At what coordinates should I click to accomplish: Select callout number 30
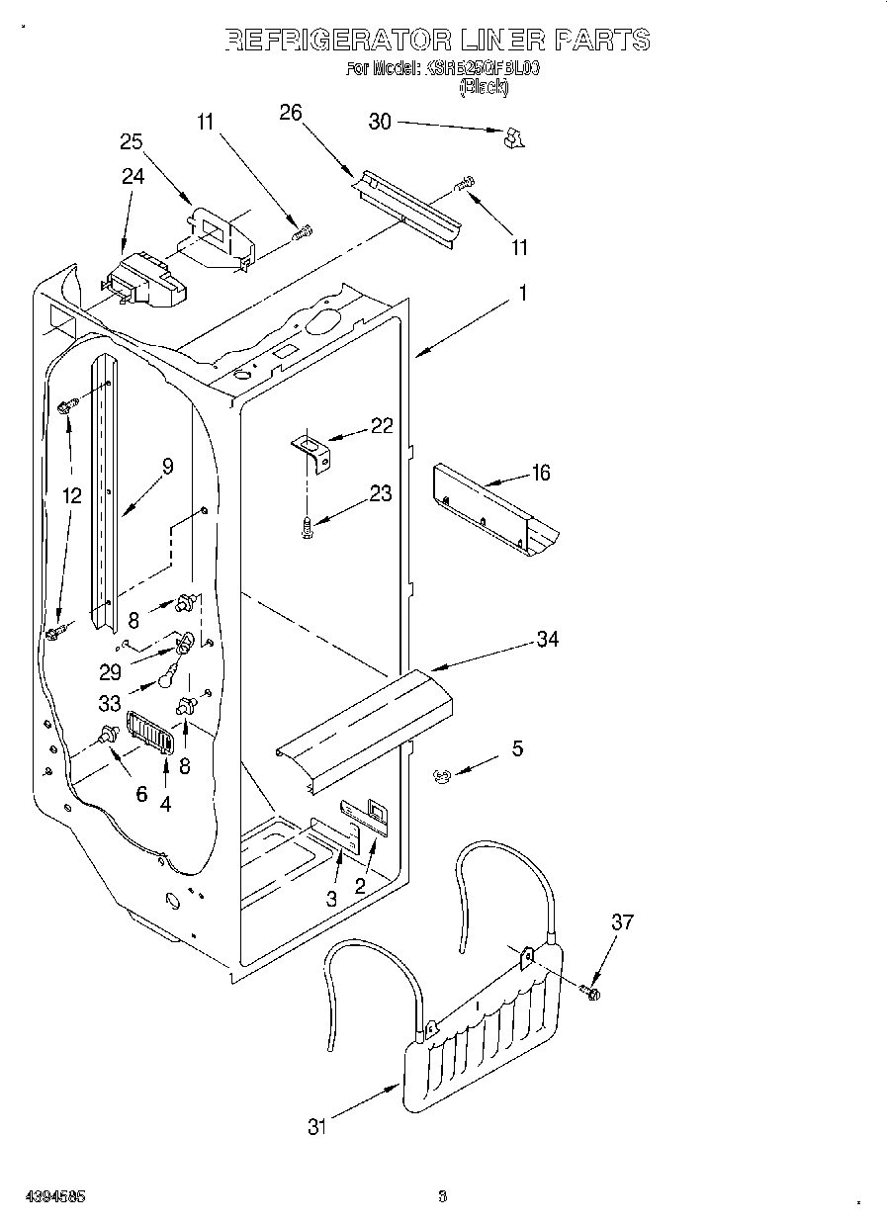coord(380,122)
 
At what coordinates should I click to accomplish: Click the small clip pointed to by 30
coord(512,139)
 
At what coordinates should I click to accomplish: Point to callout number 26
coord(290,112)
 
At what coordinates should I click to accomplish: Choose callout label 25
coord(132,141)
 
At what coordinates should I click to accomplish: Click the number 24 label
coord(133,176)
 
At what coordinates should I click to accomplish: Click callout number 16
coord(540,473)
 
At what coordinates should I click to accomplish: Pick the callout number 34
coord(547,640)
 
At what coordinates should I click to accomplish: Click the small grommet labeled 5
coord(441,777)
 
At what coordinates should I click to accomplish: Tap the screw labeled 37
coord(590,990)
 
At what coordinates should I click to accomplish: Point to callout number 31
coord(316,1126)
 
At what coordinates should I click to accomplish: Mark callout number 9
coord(167,467)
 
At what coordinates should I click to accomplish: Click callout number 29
coord(110,671)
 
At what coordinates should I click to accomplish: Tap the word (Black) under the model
coord(485,87)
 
